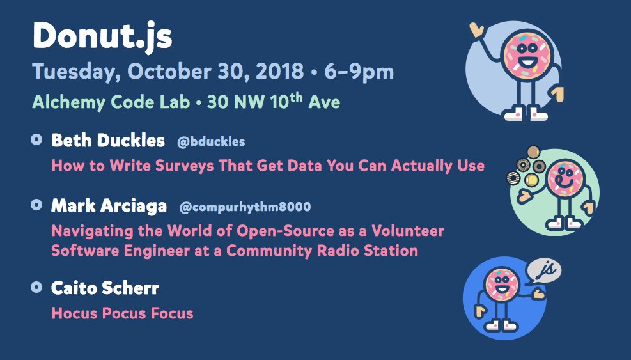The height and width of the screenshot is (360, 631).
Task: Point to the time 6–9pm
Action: tap(359, 71)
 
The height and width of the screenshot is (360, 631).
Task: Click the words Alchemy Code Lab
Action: tap(111, 102)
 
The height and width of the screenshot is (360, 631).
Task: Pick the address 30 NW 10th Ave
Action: tap(273, 101)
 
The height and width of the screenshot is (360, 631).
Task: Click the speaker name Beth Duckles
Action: tap(108, 140)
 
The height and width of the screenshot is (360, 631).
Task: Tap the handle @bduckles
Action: tap(211, 141)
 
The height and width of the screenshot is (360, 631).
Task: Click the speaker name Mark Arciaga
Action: tap(109, 206)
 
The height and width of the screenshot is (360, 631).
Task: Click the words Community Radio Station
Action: tap(322, 250)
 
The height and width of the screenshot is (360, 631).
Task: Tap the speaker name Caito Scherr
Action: tap(105, 288)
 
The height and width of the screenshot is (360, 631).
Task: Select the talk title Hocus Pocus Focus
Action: tap(122, 313)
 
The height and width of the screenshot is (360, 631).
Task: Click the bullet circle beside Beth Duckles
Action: tap(36, 139)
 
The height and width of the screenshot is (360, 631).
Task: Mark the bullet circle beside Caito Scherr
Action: tap(36, 287)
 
